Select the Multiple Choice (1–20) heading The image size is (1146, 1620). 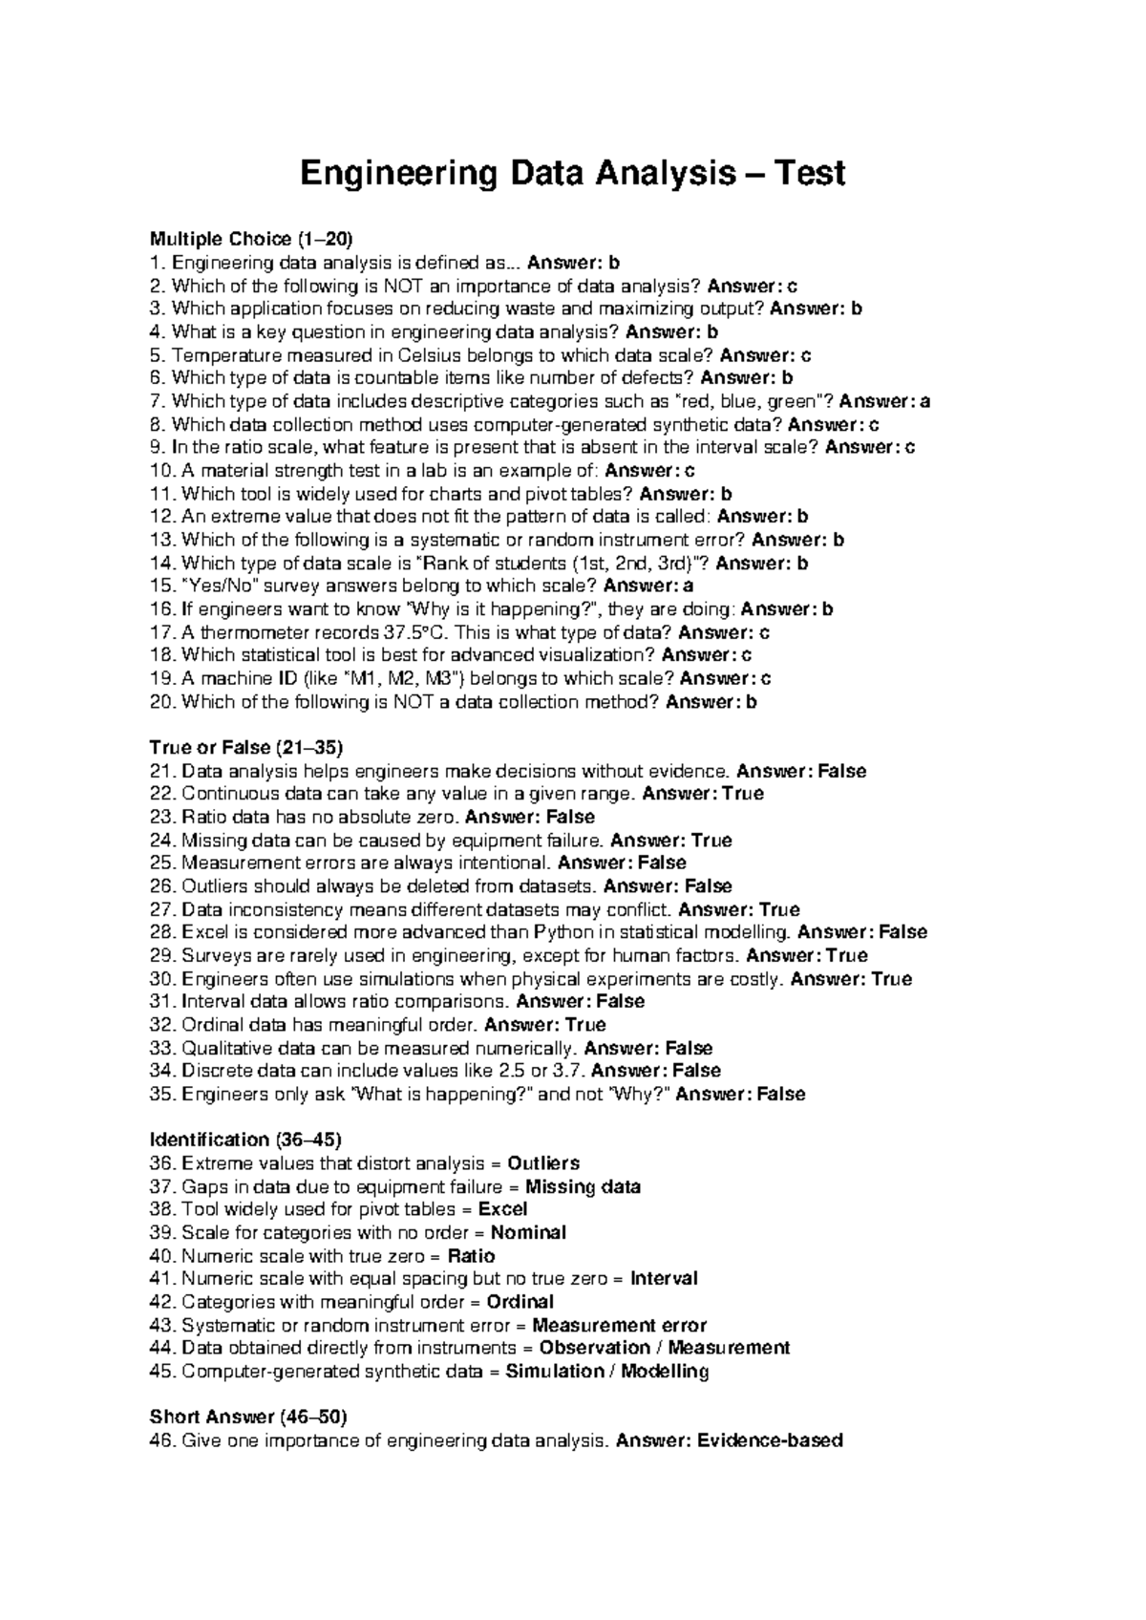click(258, 239)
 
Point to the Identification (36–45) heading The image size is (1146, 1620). click(245, 1140)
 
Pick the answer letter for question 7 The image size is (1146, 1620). click(924, 401)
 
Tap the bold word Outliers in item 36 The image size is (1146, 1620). click(543, 1163)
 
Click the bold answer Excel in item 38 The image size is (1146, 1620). click(502, 1209)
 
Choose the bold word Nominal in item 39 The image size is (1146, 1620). click(528, 1232)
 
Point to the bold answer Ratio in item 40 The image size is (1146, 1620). click(471, 1256)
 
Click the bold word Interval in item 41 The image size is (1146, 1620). click(664, 1279)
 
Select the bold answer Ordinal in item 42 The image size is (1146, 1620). click(520, 1302)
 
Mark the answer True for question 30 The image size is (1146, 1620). click(892, 979)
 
